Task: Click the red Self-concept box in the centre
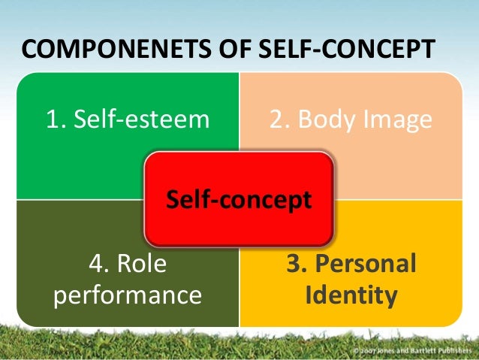(x=239, y=199)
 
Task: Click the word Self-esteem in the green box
(x=137, y=119)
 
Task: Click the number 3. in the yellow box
(x=297, y=264)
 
